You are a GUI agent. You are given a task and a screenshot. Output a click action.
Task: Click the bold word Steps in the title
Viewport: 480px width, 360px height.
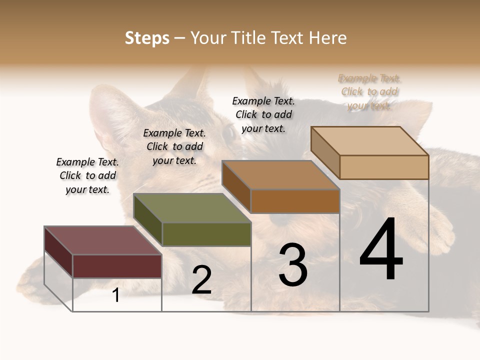coord(147,38)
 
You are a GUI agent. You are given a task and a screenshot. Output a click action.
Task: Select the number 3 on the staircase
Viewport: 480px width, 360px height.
coord(293,265)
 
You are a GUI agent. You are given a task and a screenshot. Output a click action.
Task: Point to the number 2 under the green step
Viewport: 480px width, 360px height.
coord(202,280)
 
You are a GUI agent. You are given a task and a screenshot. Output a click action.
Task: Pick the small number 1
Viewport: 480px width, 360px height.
coord(116,295)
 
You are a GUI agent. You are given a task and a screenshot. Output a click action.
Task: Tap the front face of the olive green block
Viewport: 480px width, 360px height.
coord(206,234)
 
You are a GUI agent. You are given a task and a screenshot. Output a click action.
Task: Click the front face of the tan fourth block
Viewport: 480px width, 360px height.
coord(384,167)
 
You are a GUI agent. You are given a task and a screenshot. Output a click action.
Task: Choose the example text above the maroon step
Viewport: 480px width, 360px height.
coord(87,175)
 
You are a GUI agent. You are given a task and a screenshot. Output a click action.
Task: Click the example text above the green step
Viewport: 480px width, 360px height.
coord(174,146)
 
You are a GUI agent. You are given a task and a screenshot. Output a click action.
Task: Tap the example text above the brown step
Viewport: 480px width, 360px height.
coord(263,114)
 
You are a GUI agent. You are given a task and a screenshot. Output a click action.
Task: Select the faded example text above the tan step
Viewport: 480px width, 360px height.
coord(369,91)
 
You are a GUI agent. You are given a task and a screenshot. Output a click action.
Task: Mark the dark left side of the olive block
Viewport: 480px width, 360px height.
coord(147,220)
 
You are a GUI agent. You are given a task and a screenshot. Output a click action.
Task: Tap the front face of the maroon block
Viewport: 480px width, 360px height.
coord(117,266)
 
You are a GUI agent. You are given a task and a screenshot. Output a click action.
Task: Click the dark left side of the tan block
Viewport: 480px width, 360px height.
coord(325,152)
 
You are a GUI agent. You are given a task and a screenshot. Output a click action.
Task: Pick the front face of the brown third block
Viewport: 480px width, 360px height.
coord(295,201)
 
